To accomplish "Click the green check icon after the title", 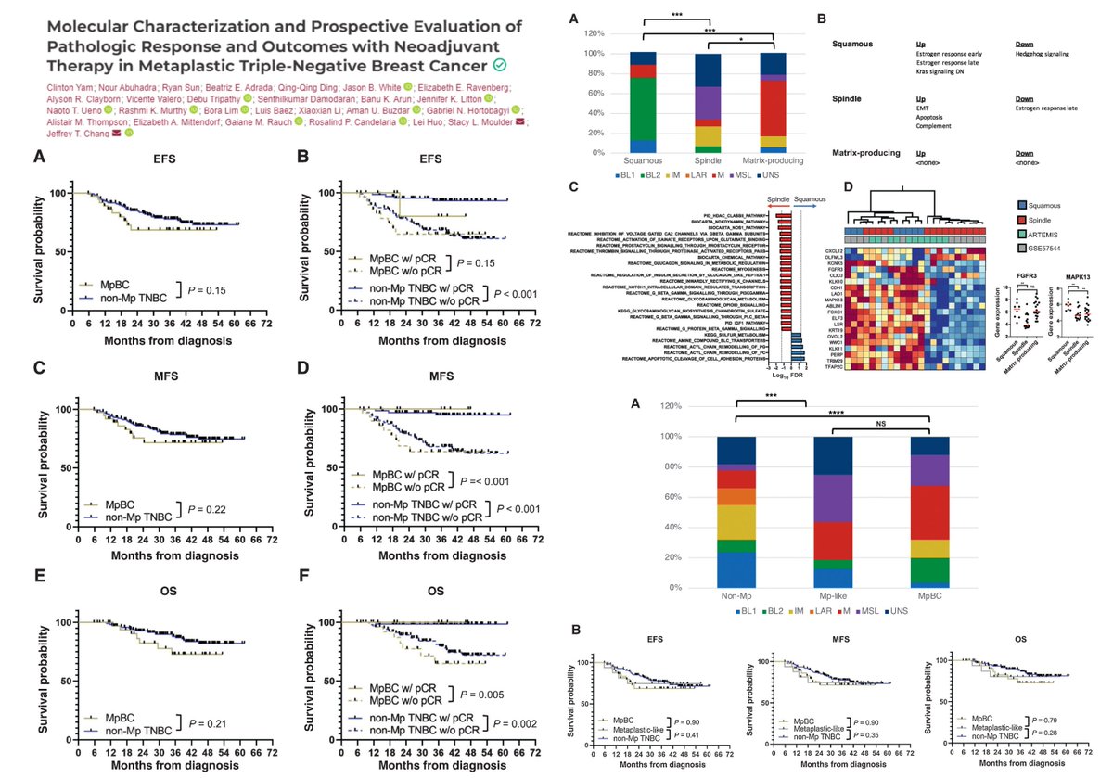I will point(500,65).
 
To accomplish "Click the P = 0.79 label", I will point(1051,718).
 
